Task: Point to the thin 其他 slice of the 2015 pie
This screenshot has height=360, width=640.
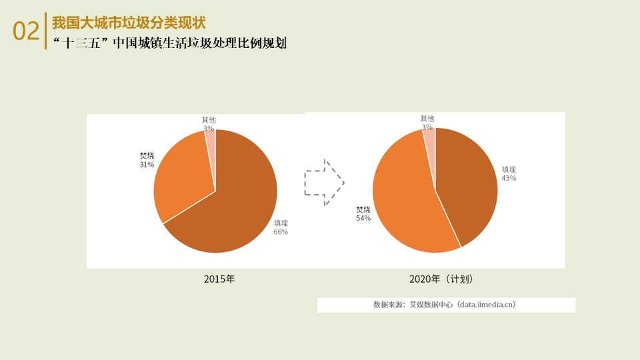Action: click(x=211, y=143)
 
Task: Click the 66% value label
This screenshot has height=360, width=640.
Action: click(x=281, y=232)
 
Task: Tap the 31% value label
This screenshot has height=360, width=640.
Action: click(x=147, y=164)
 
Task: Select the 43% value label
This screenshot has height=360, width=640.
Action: click(x=509, y=178)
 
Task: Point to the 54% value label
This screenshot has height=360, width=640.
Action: click(x=363, y=218)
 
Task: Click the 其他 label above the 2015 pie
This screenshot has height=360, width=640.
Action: click(x=209, y=120)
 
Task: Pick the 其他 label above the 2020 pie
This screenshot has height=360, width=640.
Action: click(x=427, y=119)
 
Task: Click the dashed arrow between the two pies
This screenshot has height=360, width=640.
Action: click(x=324, y=181)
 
